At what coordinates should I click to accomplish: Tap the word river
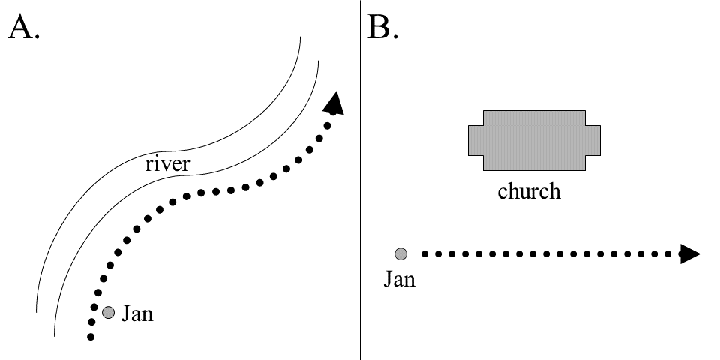point(167,163)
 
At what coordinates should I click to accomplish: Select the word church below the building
point(529,191)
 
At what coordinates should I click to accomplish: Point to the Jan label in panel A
point(137,313)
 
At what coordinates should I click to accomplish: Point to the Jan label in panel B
point(400,280)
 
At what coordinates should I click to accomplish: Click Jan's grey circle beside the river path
point(108,312)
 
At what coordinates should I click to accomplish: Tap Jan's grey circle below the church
point(401,254)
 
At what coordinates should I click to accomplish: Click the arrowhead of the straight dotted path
point(689,254)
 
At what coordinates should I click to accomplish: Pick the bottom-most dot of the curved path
point(91,337)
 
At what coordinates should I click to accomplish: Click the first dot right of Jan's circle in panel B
point(425,254)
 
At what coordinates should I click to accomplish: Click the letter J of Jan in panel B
point(388,280)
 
